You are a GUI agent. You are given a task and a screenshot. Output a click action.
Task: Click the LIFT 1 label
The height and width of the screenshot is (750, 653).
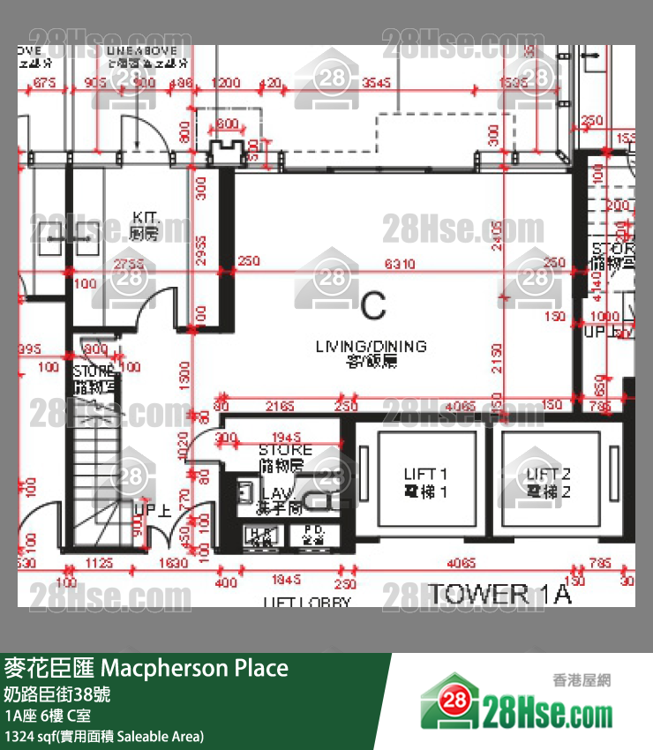point(425,483)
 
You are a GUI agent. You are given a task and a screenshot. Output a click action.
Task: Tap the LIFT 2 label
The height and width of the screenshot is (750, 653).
point(548,483)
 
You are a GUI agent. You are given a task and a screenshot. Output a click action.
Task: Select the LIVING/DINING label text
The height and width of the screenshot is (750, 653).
point(371,352)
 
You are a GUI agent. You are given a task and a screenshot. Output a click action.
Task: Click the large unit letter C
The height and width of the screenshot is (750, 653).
point(373,305)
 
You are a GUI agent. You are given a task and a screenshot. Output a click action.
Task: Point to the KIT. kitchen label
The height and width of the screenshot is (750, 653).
point(144,225)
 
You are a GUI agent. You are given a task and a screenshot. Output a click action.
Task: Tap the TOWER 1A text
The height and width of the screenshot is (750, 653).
point(499,594)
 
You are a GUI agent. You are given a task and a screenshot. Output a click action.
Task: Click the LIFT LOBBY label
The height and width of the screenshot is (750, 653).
point(306,604)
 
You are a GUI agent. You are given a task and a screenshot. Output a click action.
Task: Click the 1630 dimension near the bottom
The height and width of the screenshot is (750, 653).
point(171,563)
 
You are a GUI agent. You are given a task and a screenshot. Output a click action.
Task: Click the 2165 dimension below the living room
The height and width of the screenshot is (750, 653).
point(279,407)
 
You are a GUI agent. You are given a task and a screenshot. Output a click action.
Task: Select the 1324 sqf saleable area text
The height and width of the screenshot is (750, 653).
point(104,735)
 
